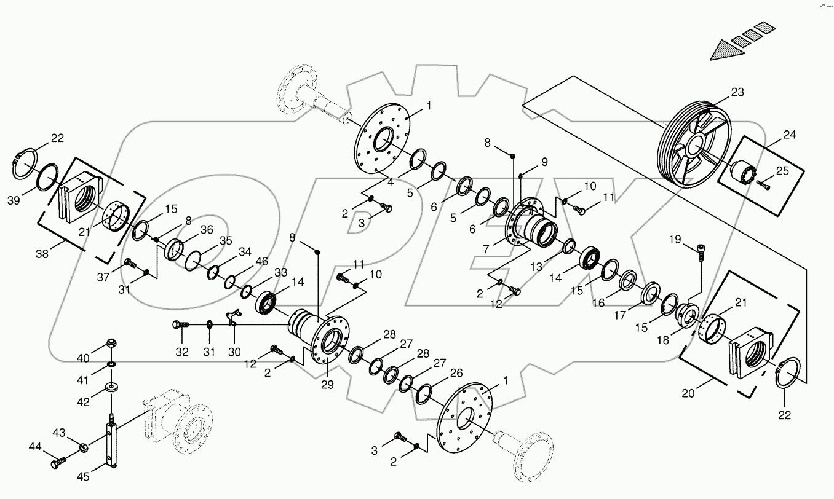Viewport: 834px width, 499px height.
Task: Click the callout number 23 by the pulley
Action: click(737, 93)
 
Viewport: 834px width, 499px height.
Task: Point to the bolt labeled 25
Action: click(763, 183)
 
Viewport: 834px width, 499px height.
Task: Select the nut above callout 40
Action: click(112, 343)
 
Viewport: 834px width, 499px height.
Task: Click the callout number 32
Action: click(182, 352)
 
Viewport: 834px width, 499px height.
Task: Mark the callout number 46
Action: click(262, 262)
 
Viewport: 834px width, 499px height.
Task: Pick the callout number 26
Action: click(456, 373)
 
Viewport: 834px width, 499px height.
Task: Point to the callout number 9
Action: click(544, 162)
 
